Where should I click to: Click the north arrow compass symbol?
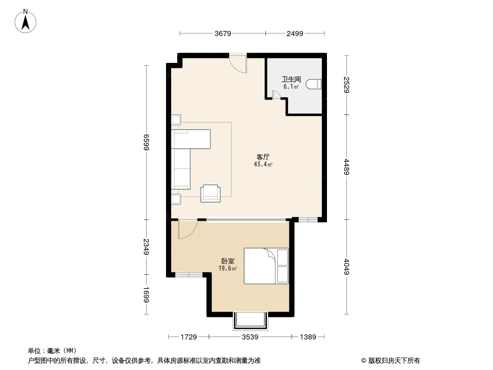25,21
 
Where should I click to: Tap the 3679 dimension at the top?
223,33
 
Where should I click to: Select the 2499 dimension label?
295,33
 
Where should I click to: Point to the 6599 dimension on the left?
146,142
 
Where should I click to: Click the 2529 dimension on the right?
346,85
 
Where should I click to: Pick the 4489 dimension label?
346,167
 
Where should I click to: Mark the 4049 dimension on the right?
346,266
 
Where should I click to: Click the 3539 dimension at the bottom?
250,337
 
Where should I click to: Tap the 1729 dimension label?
189,337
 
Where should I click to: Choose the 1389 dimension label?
308,337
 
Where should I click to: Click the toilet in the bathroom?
314,84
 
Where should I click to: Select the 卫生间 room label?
291,79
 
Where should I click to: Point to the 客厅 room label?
263,157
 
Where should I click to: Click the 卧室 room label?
228,261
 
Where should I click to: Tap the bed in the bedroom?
266,266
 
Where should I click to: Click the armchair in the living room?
210,193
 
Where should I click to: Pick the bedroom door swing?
187,229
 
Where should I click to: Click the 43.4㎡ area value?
263,164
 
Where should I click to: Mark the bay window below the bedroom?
250,321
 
